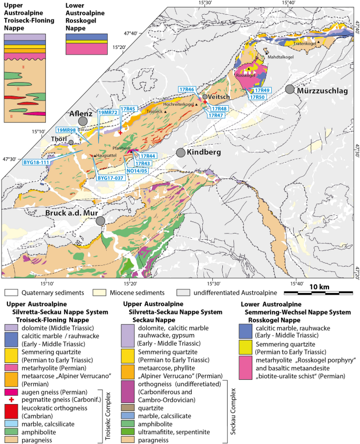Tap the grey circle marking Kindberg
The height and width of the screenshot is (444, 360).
[181, 153]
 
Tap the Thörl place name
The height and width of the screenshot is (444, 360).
[59, 139]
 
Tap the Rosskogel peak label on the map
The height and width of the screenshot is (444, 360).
[246, 75]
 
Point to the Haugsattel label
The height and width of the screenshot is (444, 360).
[107, 156]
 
